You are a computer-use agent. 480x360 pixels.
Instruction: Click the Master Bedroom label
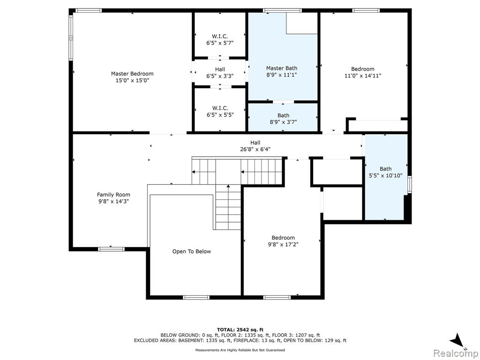pyautogui.click(x=132, y=74)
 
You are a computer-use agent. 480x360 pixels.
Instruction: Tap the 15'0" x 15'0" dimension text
pyautogui.click(x=132, y=81)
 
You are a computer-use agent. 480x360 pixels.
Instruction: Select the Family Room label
pyautogui.click(x=113, y=195)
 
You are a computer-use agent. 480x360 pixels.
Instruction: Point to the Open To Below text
pyautogui.click(x=192, y=252)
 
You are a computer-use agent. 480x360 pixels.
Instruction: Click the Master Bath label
pyautogui.click(x=282, y=68)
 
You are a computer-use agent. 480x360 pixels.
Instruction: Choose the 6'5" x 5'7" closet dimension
pyautogui.click(x=220, y=43)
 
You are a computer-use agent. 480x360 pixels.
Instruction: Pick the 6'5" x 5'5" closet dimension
pyautogui.click(x=220, y=115)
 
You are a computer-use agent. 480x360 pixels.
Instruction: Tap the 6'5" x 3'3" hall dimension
pyautogui.click(x=220, y=76)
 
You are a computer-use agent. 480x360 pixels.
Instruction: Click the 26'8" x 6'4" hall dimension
pyautogui.click(x=255, y=150)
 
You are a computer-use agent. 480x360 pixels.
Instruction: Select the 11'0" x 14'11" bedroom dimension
pyautogui.click(x=363, y=75)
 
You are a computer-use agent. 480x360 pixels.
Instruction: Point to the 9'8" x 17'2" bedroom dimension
pyautogui.click(x=283, y=245)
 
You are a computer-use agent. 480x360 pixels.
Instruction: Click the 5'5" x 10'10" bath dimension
pyautogui.click(x=386, y=176)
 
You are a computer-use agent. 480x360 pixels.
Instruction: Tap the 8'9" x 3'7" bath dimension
pyautogui.click(x=283, y=122)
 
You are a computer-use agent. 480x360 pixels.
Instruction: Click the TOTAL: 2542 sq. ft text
pyautogui.click(x=240, y=330)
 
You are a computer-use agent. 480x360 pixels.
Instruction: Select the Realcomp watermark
pyautogui.click(x=456, y=353)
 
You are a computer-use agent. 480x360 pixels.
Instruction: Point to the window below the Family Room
pyautogui.click(x=111, y=249)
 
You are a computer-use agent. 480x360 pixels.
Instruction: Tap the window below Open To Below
pyautogui.click(x=196, y=298)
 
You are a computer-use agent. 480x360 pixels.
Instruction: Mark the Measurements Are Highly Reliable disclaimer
pyautogui.click(x=240, y=350)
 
